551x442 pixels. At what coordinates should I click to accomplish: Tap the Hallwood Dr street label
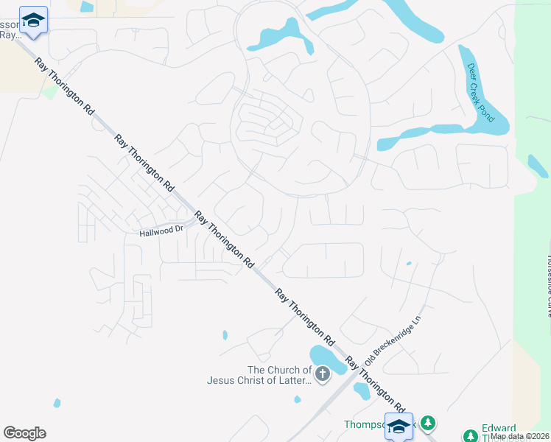161,231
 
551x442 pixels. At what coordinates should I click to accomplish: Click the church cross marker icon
322,376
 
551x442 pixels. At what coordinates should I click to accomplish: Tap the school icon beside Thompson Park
399,426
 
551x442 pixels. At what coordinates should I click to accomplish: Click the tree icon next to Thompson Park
427,423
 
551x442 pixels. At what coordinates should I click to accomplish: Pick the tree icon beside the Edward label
469,435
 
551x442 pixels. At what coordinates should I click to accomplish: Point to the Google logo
24,433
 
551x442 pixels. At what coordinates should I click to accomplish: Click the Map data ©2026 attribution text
520,436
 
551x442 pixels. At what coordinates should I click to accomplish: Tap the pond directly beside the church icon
326,358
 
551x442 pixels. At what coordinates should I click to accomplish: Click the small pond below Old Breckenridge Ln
361,390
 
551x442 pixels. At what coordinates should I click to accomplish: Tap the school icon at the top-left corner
33,20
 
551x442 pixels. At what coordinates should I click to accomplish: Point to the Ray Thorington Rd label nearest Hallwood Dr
224,239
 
